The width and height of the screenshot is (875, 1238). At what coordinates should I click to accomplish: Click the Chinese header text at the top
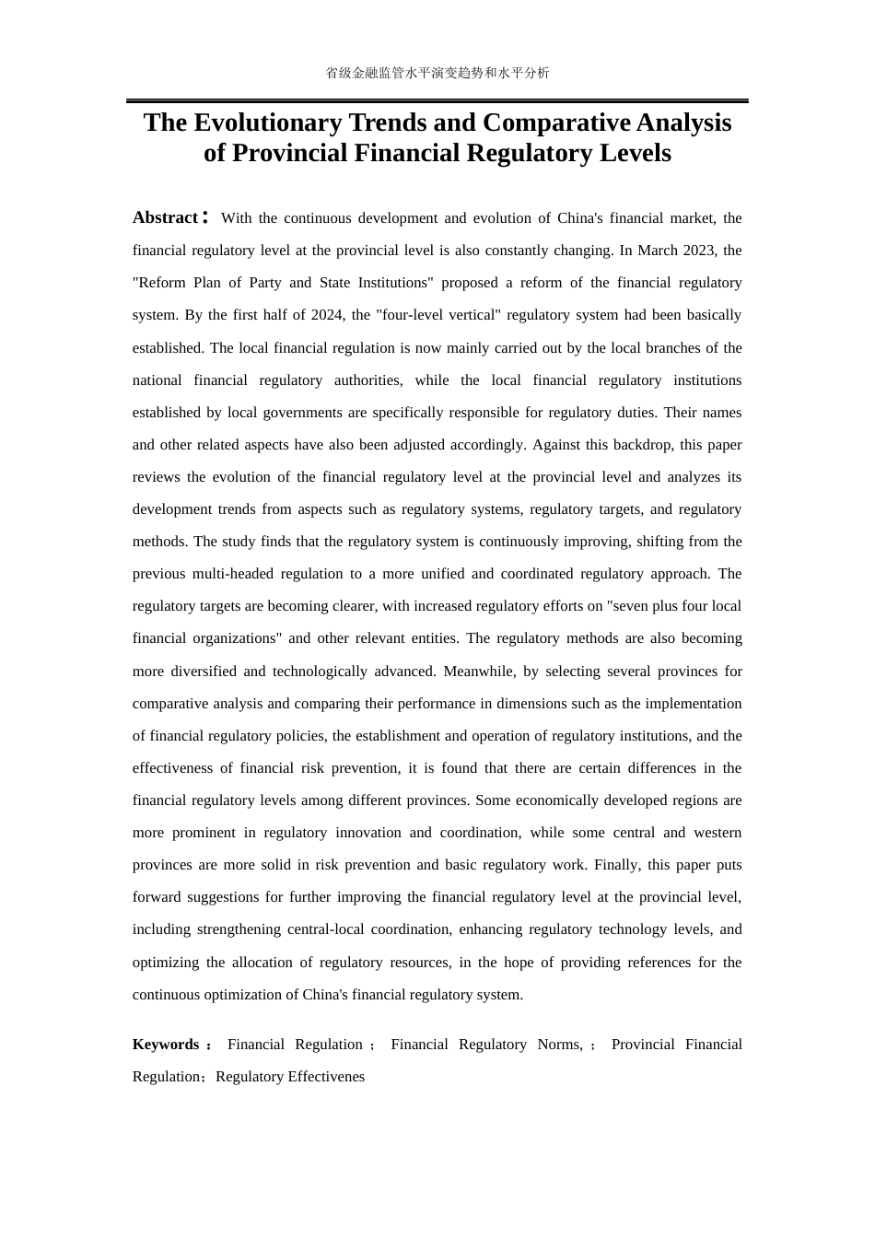pos(437,73)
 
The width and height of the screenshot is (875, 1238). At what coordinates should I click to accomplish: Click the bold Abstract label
pos(166,217)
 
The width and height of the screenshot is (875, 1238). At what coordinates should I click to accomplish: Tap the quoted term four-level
pos(412,315)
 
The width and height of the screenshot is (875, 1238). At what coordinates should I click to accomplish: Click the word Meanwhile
pos(478,672)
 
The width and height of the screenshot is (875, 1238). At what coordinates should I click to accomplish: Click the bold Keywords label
pos(166,1045)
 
